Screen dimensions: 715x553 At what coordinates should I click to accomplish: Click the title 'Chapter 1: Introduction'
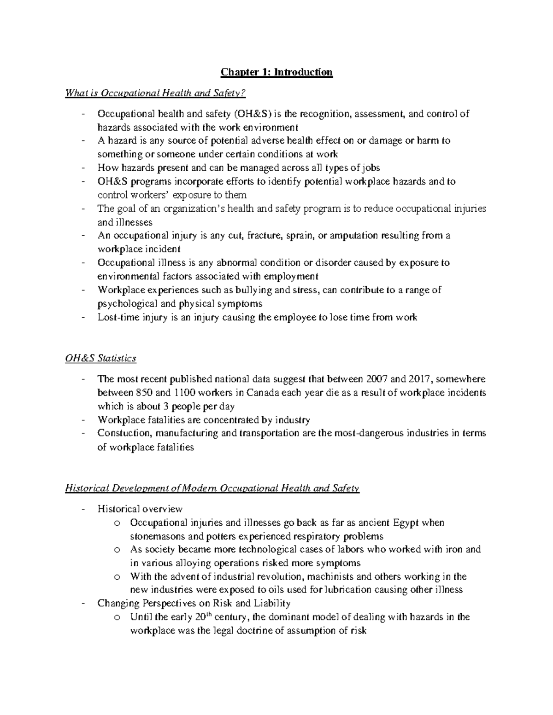[x=276, y=72]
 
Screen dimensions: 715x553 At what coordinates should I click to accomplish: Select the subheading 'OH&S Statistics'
[x=101, y=358]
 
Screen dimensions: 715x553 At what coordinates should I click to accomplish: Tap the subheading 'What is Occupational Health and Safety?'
[x=156, y=93]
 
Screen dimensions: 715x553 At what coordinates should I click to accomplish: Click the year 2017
[x=418, y=379]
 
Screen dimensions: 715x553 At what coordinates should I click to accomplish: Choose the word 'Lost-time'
[x=118, y=317]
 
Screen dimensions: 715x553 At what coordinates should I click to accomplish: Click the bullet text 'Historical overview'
[x=140, y=509]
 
